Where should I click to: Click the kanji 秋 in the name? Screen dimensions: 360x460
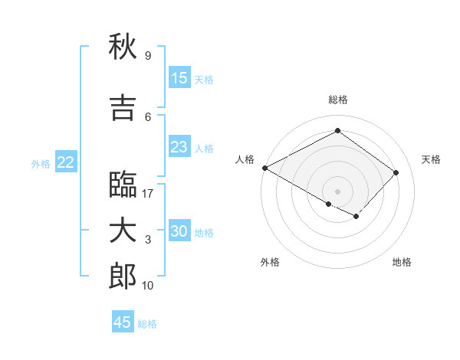123,47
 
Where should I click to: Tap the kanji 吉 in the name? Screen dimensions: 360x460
123,108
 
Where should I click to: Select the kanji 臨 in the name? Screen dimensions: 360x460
123,185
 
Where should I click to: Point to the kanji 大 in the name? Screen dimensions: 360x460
123,231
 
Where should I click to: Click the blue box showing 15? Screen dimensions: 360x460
179,78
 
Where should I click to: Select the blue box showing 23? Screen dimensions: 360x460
179,147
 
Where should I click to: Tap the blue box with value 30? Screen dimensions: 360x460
179,231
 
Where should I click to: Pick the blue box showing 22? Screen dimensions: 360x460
66,162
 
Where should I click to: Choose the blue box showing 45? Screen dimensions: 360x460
123,322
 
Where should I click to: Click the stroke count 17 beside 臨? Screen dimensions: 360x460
149,194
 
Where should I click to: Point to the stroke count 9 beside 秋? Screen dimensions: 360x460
147,56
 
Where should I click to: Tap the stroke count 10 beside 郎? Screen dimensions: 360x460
149,286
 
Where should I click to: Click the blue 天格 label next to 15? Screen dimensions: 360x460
204,79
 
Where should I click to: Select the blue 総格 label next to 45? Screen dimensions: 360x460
147,324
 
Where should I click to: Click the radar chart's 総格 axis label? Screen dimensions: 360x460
337,100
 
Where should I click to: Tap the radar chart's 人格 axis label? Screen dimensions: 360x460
245,159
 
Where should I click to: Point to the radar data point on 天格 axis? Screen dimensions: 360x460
396,172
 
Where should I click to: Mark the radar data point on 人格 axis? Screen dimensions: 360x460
264,168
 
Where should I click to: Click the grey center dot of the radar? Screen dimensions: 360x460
337,190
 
